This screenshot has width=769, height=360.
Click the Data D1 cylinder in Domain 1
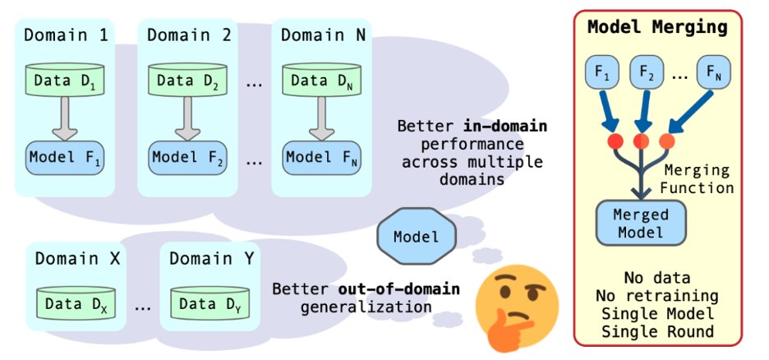[x=64, y=80]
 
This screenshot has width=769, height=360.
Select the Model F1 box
[x=64, y=156]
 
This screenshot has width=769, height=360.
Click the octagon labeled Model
[x=417, y=237]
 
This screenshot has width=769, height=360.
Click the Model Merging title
[x=657, y=27]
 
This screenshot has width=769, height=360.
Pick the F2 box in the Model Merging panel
[x=647, y=76]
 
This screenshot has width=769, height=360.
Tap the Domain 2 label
[x=188, y=35]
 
